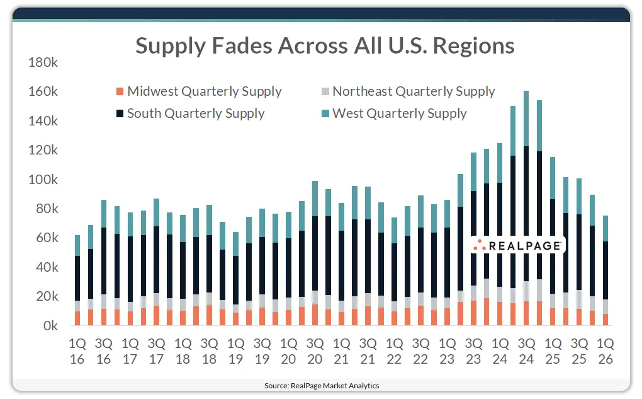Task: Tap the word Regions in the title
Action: tap(470, 45)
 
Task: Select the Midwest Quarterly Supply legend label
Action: tap(204, 91)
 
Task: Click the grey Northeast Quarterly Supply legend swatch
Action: tap(324, 92)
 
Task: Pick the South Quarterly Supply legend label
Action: tap(196, 113)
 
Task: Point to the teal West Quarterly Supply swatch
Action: tap(324, 114)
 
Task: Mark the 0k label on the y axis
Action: tap(50, 327)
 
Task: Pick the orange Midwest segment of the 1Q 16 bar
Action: tap(77, 318)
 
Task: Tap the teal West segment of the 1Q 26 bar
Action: tap(605, 228)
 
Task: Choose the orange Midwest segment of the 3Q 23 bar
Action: tap(473, 313)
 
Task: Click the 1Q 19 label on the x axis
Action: tap(236, 352)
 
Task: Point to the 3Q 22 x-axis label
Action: tap(420, 352)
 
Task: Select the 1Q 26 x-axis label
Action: tap(605, 352)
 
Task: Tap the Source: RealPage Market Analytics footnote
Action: tap(321, 385)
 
